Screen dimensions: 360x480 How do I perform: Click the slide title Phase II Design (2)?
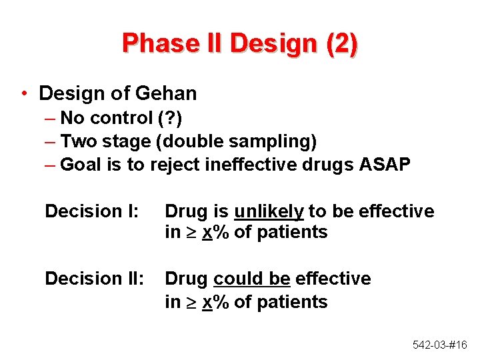pos(240,43)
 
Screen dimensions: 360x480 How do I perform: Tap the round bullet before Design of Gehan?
pos(24,93)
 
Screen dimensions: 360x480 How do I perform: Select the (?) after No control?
pos(169,118)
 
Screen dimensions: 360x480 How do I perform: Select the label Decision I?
pos(91,211)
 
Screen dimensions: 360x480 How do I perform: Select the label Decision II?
pos(94,278)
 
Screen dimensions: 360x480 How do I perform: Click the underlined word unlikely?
pos(269,212)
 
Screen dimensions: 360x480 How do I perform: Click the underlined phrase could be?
pos(251,278)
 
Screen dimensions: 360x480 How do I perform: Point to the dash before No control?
pos(51,118)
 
